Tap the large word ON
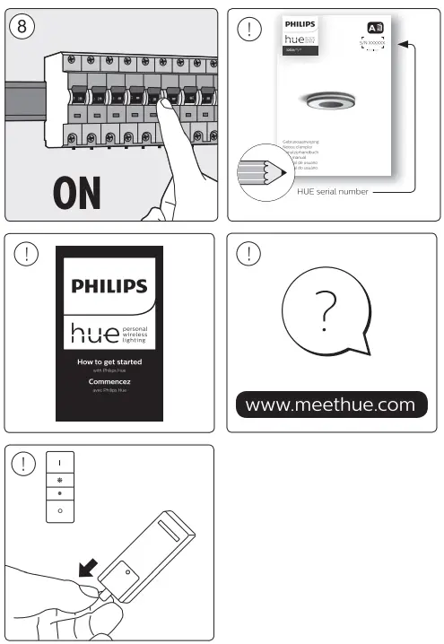(x=77, y=192)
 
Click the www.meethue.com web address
(x=330, y=405)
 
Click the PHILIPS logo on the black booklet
(x=109, y=286)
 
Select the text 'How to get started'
(x=109, y=361)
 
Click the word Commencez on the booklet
(x=109, y=381)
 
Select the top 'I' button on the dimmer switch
(x=60, y=465)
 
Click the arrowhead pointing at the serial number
(x=402, y=43)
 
